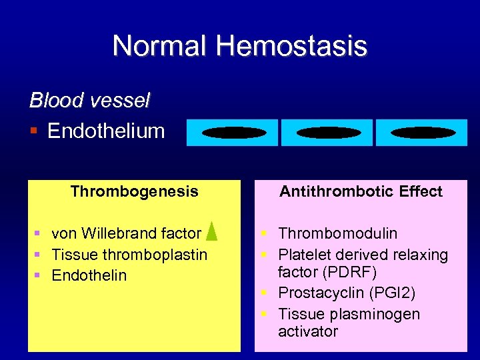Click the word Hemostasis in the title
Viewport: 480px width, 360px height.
[291, 46]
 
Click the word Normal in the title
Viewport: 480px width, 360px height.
[160, 46]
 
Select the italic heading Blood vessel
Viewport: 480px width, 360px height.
[90, 101]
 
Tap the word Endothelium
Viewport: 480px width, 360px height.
[106, 131]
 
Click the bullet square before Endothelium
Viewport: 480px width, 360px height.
[35, 131]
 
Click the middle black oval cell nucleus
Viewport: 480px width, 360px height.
[327, 133]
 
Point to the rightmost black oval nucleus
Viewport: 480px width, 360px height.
[422, 133]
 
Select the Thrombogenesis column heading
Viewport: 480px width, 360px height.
[134, 192]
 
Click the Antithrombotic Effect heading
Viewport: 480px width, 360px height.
[361, 192]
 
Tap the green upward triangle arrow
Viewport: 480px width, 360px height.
[211, 230]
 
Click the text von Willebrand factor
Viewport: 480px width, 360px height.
[126, 233]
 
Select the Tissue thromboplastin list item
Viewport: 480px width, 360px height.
[129, 255]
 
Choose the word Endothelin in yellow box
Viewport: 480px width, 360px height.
[89, 275]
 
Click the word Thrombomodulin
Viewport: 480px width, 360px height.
[337, 233]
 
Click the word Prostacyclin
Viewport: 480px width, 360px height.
[321, 293]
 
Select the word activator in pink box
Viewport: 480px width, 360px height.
[308, 331]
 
